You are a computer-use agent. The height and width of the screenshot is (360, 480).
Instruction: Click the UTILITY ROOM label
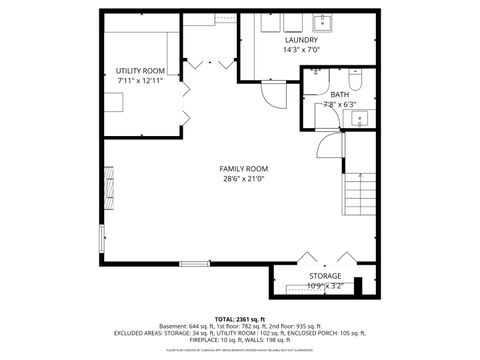click(x=139, y=69)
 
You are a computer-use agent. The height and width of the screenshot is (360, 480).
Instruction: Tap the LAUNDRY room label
click(x=301, y=39)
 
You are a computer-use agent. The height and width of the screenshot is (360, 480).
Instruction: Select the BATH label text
click(x=341, y=94)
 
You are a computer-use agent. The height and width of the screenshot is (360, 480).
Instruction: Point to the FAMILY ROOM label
click(x=244, y=169)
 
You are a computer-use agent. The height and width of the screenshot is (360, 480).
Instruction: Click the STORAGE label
click(x=325, y=275)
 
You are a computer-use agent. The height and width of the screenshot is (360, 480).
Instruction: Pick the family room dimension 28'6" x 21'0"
click(x=244, y=180)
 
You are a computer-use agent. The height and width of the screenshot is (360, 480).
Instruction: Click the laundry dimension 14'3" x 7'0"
click(x=301, y=50)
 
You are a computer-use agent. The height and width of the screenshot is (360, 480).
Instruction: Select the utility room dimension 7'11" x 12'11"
click(x=139, y=80)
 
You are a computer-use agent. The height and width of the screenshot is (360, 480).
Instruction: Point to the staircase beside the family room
click(x=357, y=195)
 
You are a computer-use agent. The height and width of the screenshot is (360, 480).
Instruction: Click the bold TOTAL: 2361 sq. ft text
click(x=240, y=318)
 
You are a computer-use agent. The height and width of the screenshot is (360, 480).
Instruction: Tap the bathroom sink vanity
click(x=360, y=119)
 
